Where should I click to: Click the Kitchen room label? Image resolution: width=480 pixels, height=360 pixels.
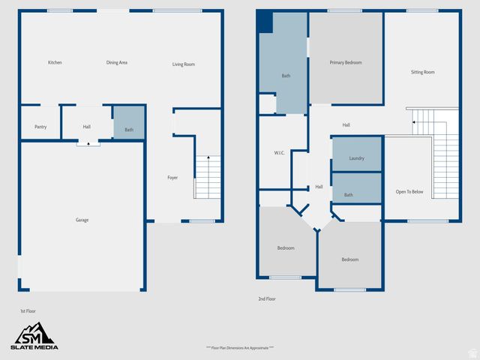[55, 62]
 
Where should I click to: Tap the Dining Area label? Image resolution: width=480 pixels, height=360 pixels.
[117, 62]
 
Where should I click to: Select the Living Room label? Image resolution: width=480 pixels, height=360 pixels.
[184, 64]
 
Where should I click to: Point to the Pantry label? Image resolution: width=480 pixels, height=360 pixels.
[40, 127]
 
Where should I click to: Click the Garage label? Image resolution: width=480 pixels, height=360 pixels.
[82, 220]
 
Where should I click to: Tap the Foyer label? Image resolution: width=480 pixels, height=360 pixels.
[172, 178]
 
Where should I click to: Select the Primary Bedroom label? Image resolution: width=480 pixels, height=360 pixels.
[346, 62]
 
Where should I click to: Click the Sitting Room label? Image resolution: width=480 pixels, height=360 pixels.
[422, 72]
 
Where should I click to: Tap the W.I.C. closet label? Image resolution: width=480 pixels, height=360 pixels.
[278, 153]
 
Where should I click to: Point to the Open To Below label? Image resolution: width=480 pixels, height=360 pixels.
[409, 192]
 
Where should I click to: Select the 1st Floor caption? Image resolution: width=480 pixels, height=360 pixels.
[28, 310]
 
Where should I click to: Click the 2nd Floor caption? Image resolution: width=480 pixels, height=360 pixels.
[267, 298]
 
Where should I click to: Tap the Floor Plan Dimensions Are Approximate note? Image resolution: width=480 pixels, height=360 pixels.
[239, 348]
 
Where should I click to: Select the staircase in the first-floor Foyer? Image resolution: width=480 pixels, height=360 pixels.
[208, 177]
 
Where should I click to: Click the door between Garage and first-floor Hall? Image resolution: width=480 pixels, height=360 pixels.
[88, 142]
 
